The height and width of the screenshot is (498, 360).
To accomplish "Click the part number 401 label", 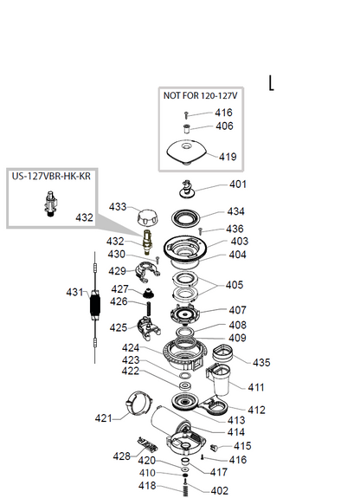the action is (238, 184).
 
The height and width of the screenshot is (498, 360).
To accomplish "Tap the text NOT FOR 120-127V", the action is (200, 95).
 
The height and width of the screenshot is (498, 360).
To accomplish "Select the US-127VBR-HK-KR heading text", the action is (51, 176).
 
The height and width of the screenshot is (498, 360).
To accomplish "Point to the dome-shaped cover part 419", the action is (187, 152).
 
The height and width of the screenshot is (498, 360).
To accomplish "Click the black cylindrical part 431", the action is (95, 306).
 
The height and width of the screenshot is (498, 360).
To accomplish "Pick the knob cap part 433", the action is (147, 217).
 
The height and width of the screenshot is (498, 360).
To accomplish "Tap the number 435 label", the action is (261, 362).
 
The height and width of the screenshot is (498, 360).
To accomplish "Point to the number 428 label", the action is (122, 456).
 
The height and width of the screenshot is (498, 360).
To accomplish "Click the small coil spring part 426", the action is (148, 308).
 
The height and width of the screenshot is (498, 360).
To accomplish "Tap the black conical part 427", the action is (148, 293).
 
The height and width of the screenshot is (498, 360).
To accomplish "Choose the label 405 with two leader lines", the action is (235, 285).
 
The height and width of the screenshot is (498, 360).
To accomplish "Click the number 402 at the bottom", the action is (219, 491).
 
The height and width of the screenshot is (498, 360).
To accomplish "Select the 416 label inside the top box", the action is (223, 113).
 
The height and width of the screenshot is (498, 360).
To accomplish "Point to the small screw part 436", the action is (200, 231).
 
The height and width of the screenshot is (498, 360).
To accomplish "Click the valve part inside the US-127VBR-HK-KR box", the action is (50, 204).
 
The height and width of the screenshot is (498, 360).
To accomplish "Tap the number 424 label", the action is (131, 348).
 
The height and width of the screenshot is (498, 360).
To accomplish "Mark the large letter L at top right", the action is (271, 83).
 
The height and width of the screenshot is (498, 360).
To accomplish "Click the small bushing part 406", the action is (187, 129).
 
